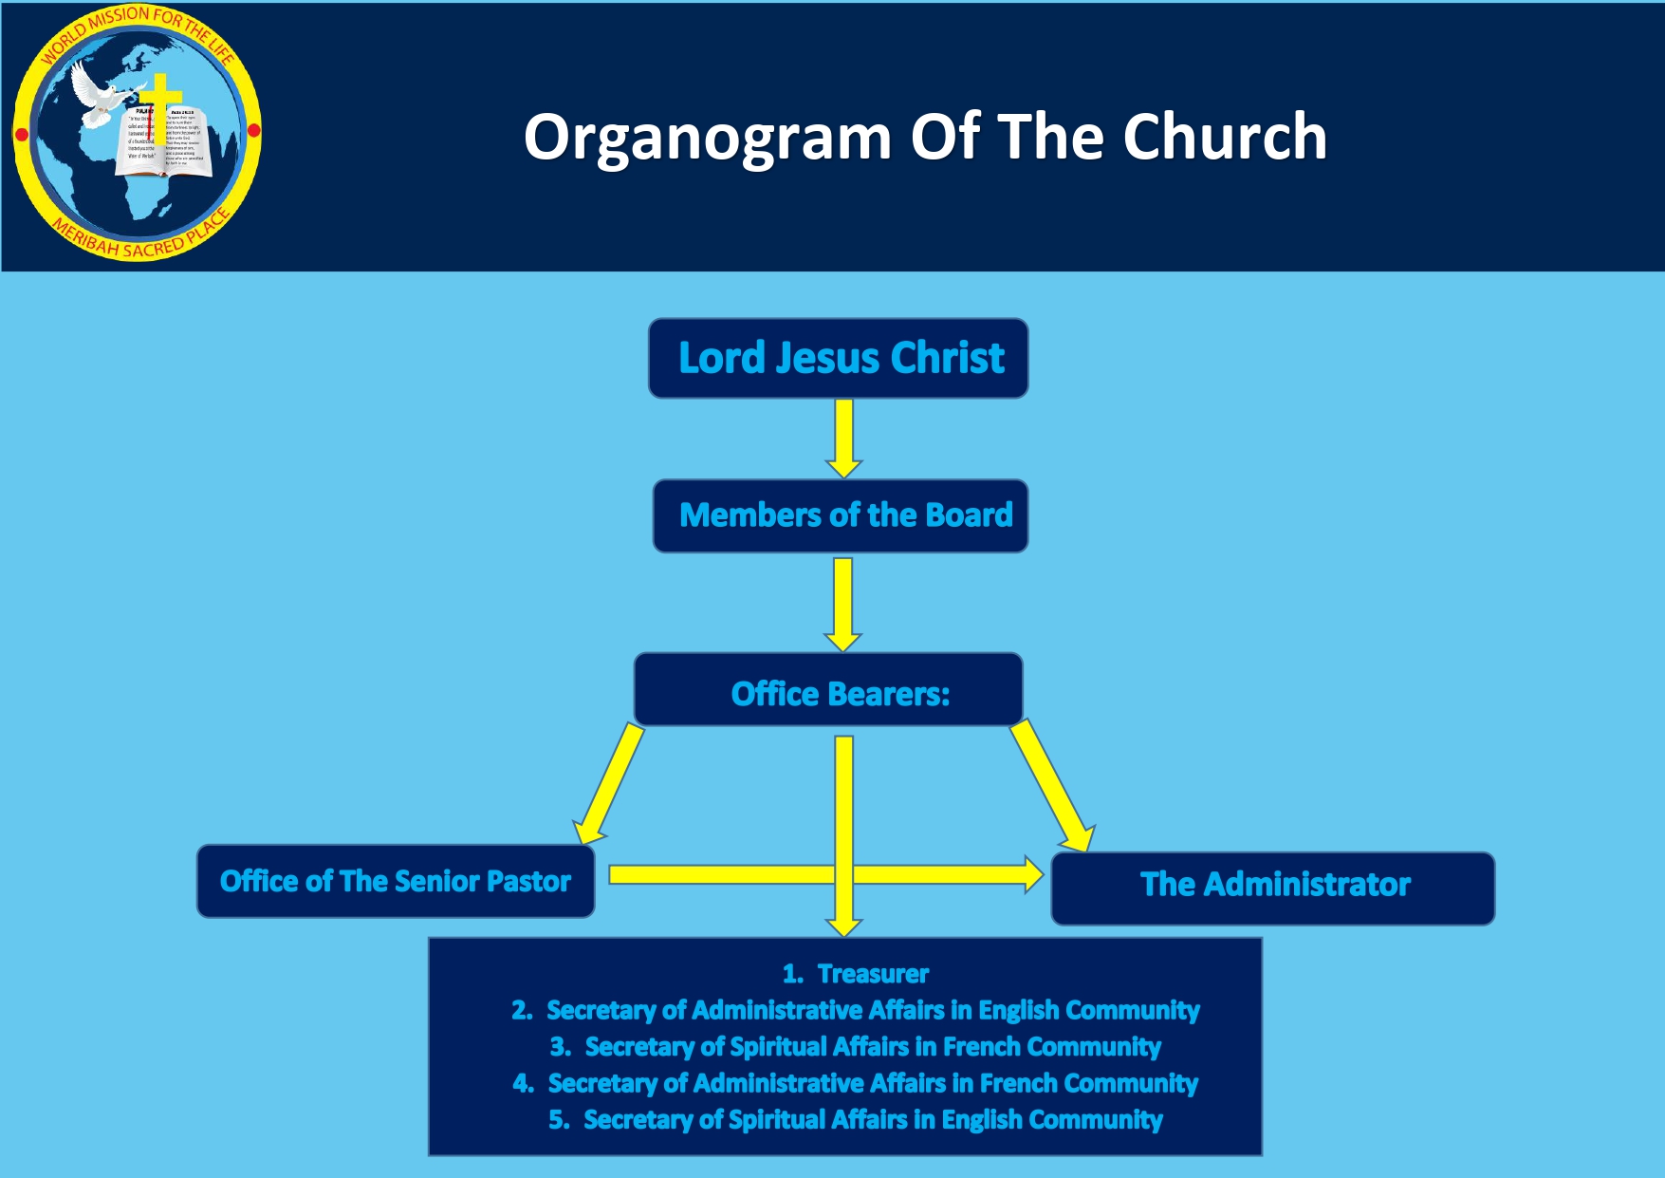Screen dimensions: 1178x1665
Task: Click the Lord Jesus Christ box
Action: [839, 359]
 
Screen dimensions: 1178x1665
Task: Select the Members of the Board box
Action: [841, 516]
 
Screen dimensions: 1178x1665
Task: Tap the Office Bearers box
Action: [828, 690]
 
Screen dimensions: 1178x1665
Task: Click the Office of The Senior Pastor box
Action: [396, 882]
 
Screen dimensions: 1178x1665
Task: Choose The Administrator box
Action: [1272, 888]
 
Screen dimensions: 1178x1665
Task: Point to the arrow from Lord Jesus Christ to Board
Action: [843, 438]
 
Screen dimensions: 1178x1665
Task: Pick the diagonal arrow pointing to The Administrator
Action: [1053, 786]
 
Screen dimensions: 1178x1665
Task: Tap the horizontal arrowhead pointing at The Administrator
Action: [1032, 874]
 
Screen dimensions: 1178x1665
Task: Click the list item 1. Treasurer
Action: [855, 974]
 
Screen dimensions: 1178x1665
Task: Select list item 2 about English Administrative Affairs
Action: [855, 1010]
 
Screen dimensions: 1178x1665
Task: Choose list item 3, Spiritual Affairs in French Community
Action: [855, 1047]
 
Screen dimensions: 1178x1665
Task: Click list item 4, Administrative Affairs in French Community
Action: [855, 1083]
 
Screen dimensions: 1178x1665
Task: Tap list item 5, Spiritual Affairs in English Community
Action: [855, 1120]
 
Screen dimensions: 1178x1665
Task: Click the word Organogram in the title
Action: [707, 139]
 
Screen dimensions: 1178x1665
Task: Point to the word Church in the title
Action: [1224, 137]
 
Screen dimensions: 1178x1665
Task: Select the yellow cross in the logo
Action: [161, 100]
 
